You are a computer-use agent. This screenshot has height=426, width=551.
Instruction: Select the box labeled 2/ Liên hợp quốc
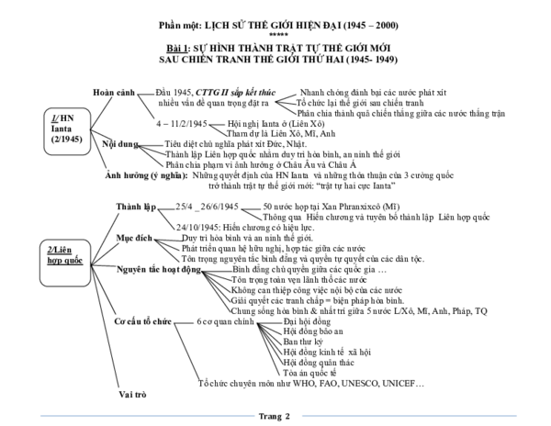[x=39, y=254]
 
